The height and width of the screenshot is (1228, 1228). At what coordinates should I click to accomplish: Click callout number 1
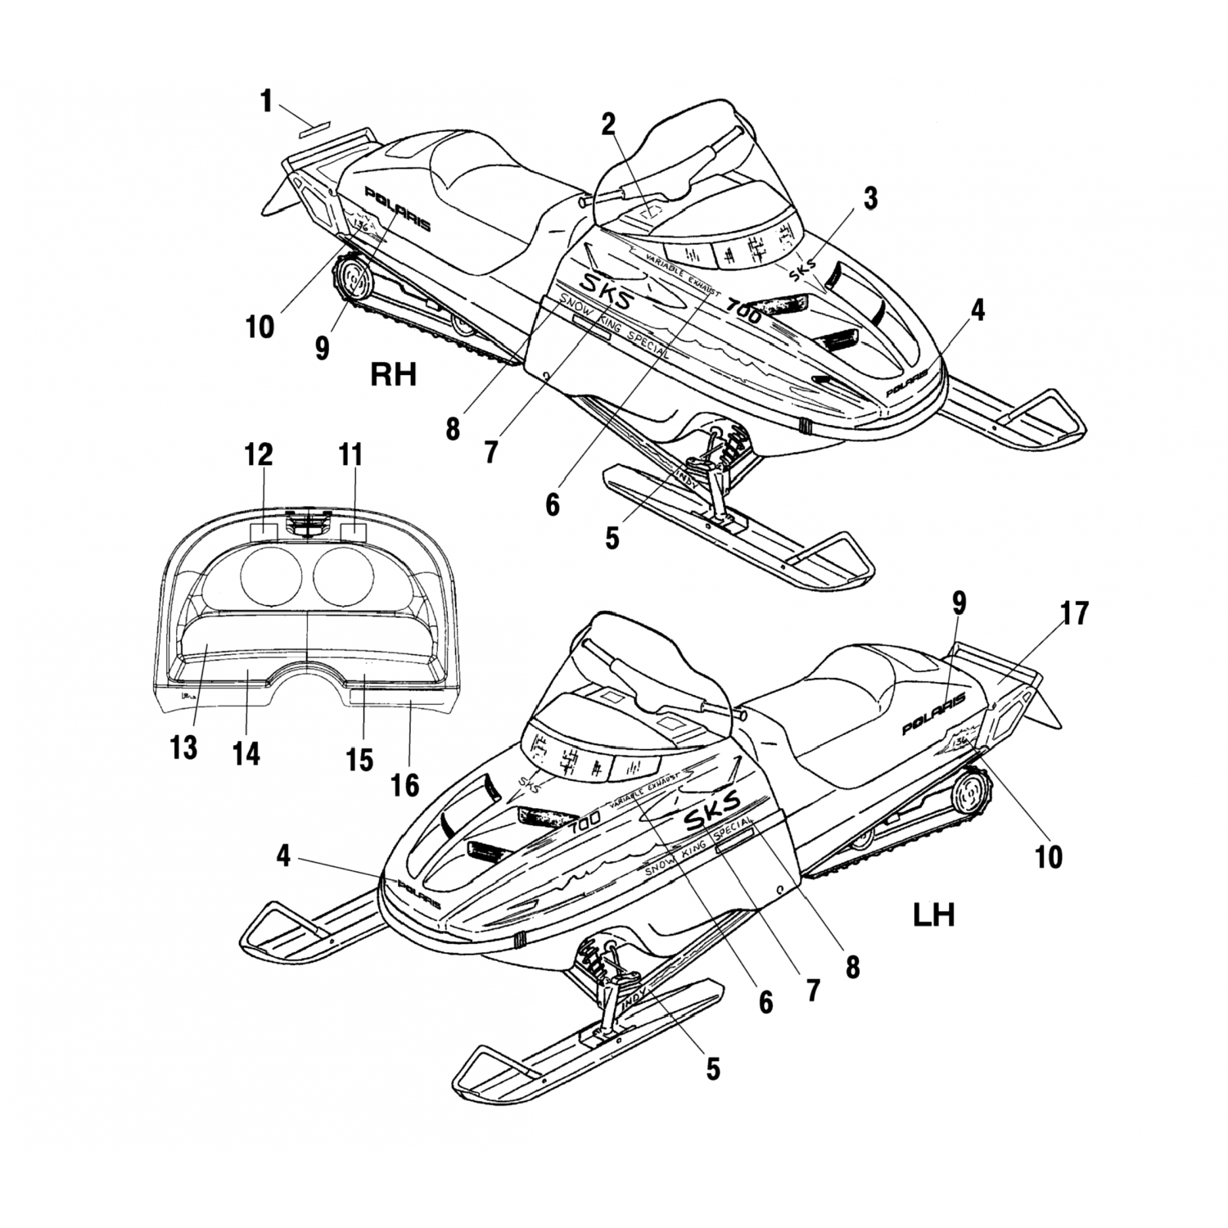coord(266,102)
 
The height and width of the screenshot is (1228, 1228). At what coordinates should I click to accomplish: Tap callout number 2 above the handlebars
coord(607,123)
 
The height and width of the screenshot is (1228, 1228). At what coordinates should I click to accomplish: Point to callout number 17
coord(1076,613)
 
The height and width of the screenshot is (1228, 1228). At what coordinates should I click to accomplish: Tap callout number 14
coord(246,753)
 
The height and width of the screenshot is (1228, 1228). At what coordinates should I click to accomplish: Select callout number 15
coord(359,759)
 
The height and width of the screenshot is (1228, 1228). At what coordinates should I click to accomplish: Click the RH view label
coord(394,374)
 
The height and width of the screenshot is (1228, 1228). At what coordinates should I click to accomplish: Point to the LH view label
coord(933,914)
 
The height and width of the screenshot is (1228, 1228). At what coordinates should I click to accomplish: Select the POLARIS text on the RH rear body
coord(397,210)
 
